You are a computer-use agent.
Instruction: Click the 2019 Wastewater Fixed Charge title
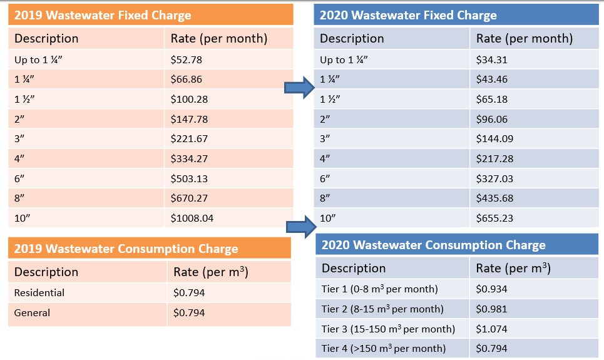(103, 15)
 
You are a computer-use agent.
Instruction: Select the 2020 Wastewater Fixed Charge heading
(408, 15)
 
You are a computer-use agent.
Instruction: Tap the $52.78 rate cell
(187, 60)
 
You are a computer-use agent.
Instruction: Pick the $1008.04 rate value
(192, 219)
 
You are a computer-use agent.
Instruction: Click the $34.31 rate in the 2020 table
(492, 60)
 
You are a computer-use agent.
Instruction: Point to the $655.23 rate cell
(494, 219)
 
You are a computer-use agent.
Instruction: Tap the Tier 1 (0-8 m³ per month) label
(379, 289)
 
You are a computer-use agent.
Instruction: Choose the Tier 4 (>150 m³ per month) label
(384, 348)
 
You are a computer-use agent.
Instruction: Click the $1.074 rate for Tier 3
(492, 329)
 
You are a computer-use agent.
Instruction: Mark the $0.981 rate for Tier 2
(492, 309)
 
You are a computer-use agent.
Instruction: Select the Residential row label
(39, 292)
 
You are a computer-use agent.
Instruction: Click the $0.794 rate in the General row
(189, 312)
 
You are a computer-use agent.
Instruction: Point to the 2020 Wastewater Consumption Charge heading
(433, 245)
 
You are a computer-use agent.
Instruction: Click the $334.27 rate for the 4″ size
(189, 158)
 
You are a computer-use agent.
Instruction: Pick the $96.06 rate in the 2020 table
(492, 119)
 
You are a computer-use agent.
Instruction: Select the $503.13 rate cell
(189, 178)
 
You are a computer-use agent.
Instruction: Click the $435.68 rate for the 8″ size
(494, 198)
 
